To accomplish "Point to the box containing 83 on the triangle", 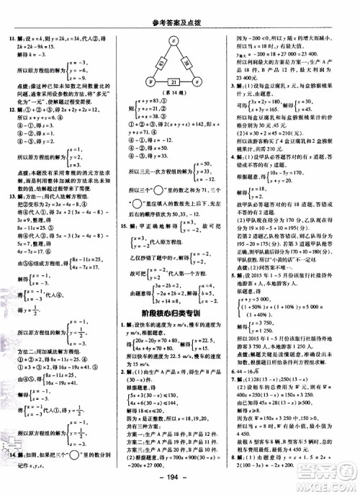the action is (x=158, y=63).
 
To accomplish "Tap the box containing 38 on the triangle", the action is (x=190, y=63).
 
